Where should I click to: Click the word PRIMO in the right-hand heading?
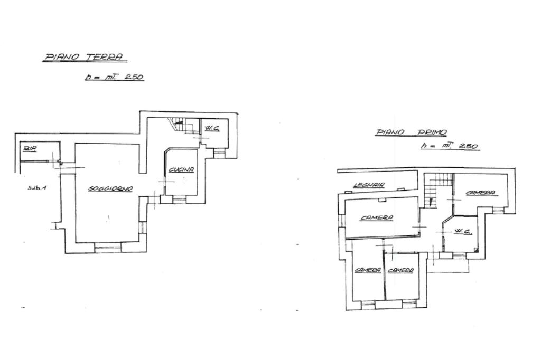coord(433,132)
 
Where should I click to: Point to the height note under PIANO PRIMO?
coord(450,146)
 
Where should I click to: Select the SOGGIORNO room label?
coord(110,188)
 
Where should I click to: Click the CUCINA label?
coord(181,170)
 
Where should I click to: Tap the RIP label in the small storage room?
coord(29,149)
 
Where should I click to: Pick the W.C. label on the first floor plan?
coord(462,232)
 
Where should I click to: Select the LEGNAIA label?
coord(369,185)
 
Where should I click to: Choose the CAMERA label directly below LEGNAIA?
coord(377,217)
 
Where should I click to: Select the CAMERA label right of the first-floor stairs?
coord(480,193)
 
